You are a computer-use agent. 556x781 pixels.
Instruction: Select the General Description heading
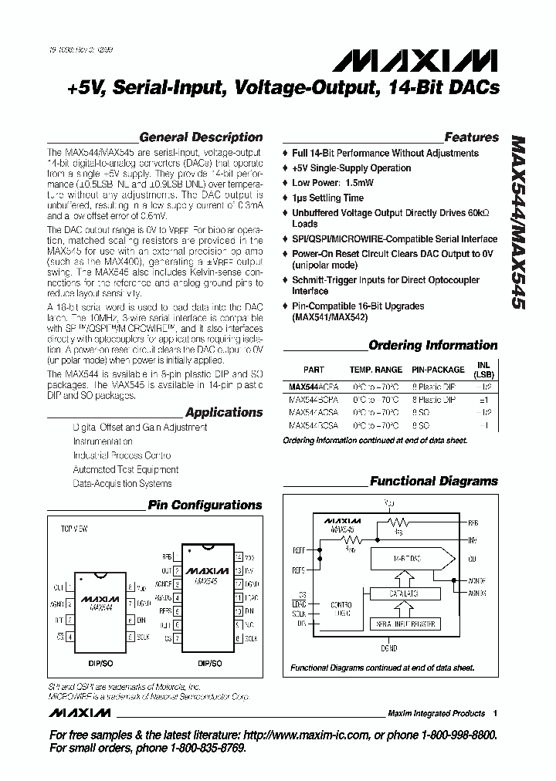tap(201, 137)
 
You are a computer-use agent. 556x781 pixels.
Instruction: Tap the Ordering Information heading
tap(432, 345)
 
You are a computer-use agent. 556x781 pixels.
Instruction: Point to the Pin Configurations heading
tap(205, 505)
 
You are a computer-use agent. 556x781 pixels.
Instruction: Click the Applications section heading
tap(224, 412)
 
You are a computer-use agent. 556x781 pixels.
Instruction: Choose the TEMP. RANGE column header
tap(376, 370)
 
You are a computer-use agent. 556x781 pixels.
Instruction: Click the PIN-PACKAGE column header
tap(438, 370)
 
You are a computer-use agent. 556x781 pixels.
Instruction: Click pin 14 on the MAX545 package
tap(239, 555)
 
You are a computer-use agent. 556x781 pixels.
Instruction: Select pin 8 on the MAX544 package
tap(131, 587)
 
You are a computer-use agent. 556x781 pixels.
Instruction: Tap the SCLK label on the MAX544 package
tap(143, 637)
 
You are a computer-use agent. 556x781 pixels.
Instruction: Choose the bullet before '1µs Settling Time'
tap(286, 198)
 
